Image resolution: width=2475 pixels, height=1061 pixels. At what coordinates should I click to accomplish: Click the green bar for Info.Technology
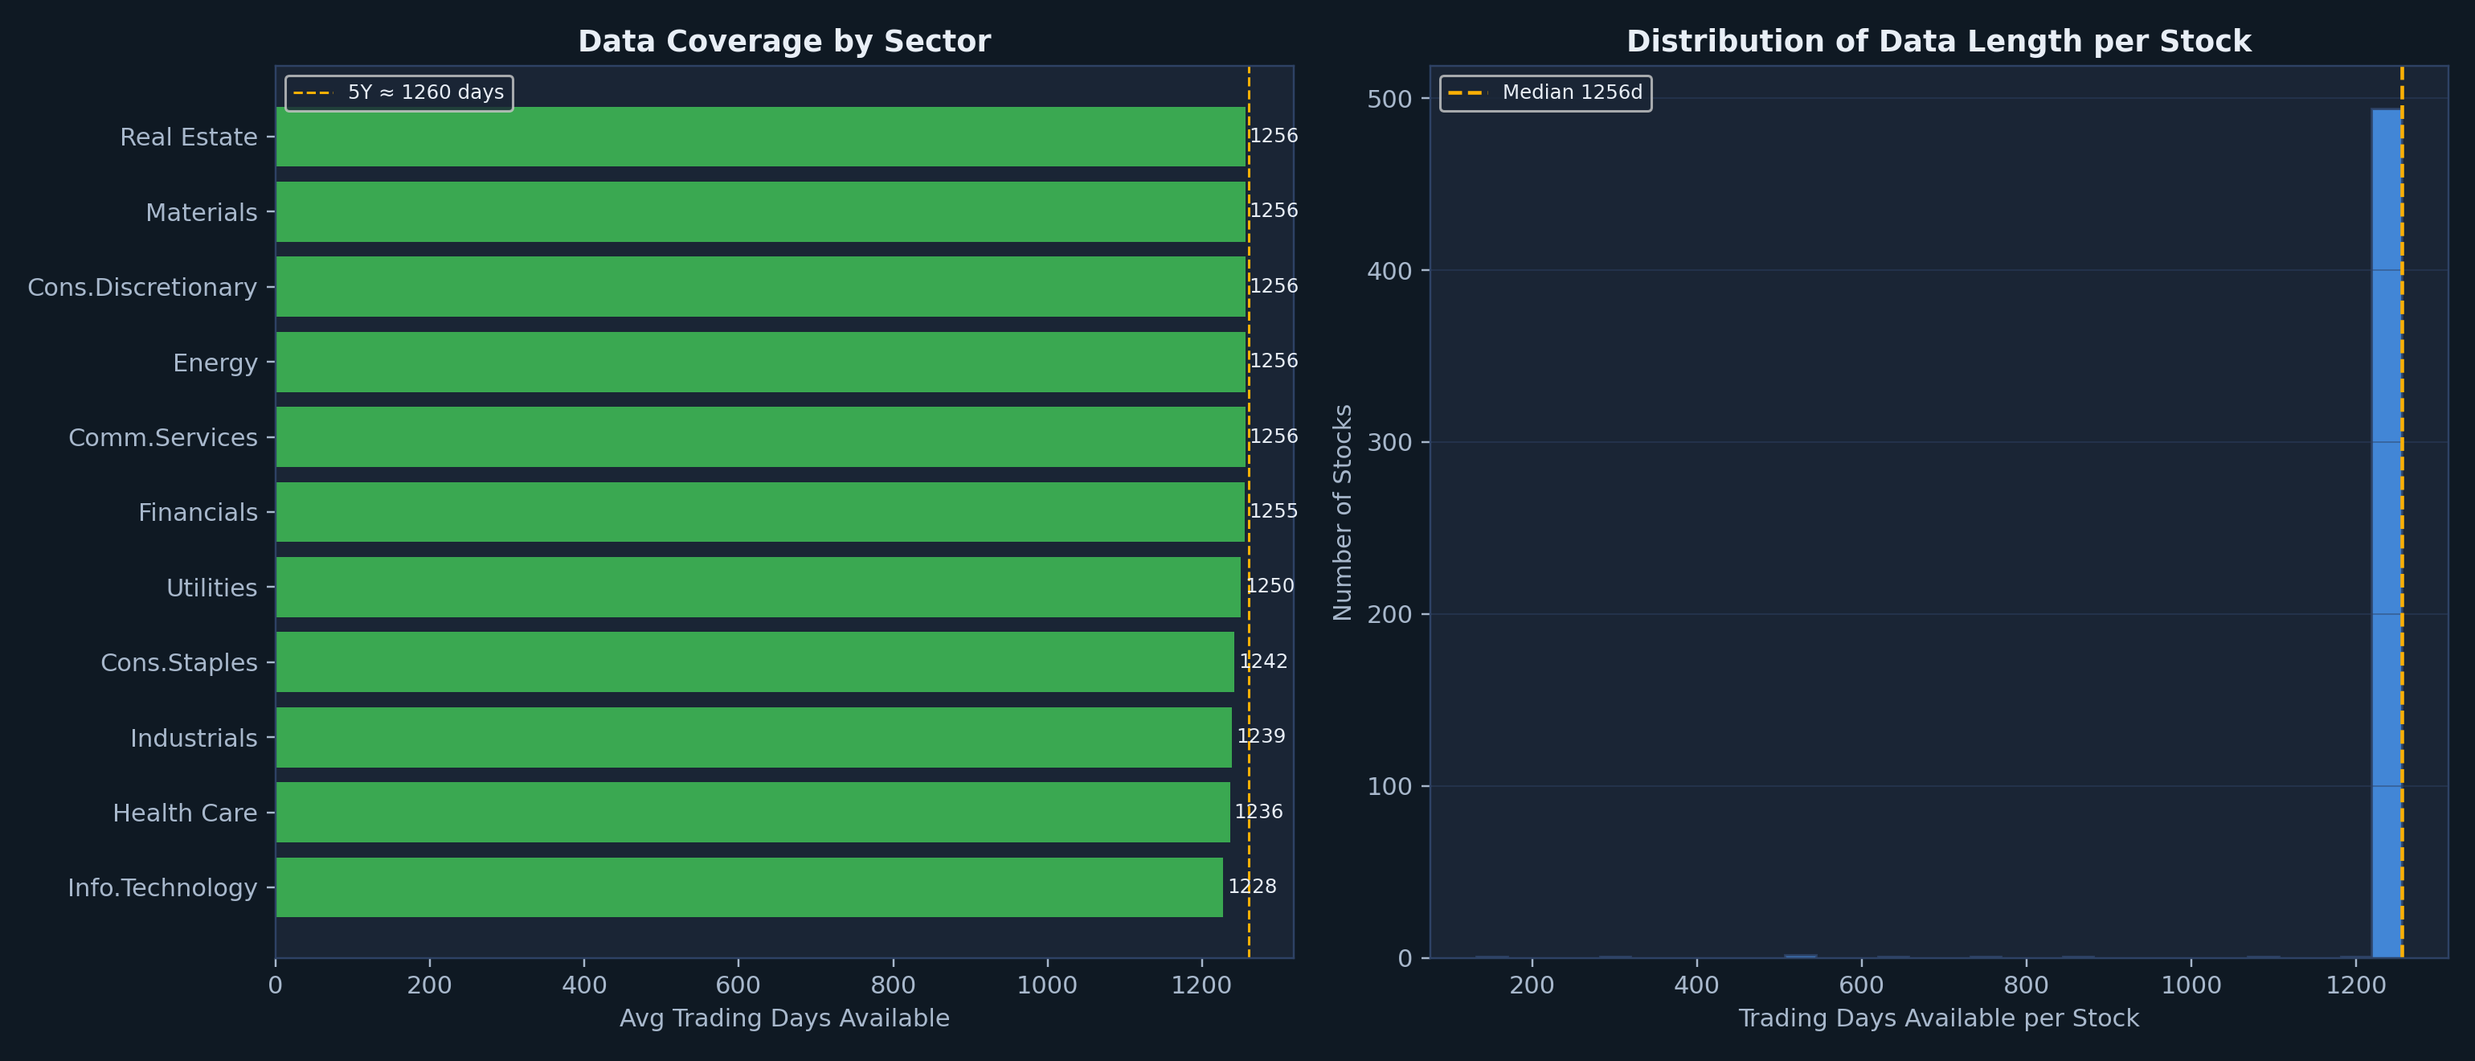point(750,887)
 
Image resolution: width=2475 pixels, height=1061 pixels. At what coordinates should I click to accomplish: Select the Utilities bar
point(758,588)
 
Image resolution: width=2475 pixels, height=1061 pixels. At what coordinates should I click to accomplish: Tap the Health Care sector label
point(186,813)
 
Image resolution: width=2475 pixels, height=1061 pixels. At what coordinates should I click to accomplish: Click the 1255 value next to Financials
point(1273,511)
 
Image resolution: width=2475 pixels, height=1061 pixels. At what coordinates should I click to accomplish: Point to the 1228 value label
point(1252,886)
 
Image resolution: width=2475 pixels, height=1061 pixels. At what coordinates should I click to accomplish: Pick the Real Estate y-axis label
point(188,137)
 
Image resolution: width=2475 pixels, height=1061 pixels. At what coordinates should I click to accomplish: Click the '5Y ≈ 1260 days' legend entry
point(399,92)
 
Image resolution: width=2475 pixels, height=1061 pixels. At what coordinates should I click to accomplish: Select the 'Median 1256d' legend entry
point(1545,92)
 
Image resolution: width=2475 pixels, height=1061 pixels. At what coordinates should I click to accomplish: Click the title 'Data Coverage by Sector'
point(784,41)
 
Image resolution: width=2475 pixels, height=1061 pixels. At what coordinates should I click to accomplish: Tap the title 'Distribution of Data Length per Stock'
point(1939,41)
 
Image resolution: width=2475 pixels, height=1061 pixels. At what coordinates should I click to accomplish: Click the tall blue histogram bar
point(2387,534)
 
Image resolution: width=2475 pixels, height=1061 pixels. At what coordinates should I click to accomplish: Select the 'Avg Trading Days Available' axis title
point(784,1018)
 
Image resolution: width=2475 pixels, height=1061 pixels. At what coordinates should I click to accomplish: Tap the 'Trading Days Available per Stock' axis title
point(1939,1018)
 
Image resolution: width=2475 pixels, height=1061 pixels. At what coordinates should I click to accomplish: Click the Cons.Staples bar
point(755,662)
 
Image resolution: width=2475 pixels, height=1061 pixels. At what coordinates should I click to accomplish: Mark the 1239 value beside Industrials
point(1261,736)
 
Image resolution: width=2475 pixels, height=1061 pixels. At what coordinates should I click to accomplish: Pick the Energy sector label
point(215,363)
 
